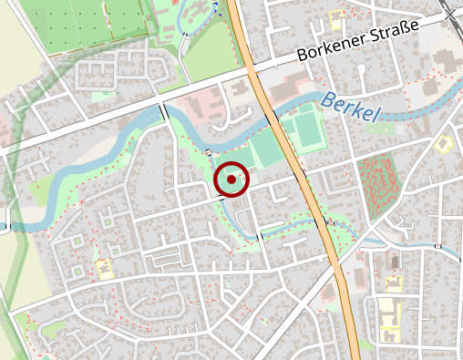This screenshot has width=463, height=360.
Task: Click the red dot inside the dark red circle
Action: [x=231, y=180]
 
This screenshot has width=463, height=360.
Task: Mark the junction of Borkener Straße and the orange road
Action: [x=252, y=66]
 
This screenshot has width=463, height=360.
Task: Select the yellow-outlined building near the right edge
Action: [x=445, y=144]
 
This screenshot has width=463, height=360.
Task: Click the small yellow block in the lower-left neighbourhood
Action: [x=105, y=269]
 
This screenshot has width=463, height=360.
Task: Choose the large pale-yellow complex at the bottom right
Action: [x=391, y=314]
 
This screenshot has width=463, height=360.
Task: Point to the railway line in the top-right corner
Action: [x=451, y=11]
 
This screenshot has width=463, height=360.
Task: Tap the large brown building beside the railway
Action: [x=447, y=60]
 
